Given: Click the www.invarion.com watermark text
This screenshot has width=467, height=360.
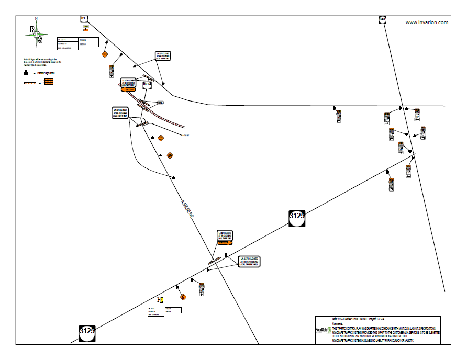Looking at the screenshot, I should click(x=427, y=22).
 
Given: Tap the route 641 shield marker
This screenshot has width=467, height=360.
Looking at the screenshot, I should click(x=383, y=19).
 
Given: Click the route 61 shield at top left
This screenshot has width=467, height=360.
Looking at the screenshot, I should click(x=84, y=18).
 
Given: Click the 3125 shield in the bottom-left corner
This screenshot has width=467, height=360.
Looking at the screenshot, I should click(x=87, y=331).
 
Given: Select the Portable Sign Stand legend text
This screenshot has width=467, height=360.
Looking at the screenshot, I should click(x=44, y=73).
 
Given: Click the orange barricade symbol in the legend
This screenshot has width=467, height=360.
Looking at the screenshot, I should click(x=49, y=82).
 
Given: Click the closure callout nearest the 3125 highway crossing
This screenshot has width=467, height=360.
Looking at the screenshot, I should click(x=249, y=262).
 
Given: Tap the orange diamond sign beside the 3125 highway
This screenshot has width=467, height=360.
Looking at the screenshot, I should click(x=183, y=297).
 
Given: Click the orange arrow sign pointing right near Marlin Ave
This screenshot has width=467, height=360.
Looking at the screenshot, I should click(x=225, y=242).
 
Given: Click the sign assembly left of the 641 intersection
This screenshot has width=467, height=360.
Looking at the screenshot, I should click(x=339, y=116).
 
